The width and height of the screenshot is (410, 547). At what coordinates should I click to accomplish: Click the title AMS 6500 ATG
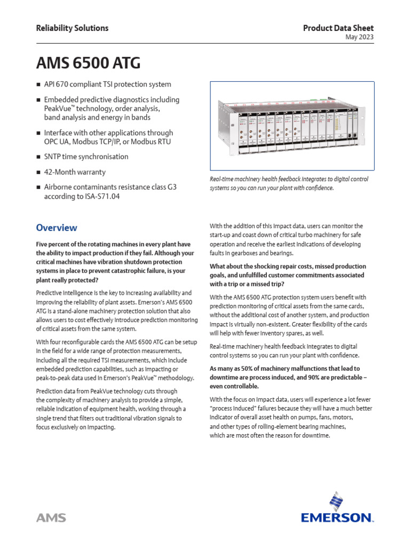pyautogui.click(x=88, y=63)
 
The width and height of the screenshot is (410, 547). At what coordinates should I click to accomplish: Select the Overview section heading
pyautogui.click(x=56, y=228)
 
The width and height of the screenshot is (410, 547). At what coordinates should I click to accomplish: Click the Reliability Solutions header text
pyautogui.click(x=72, y=28)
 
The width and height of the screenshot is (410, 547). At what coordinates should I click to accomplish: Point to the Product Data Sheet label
pyautogui.click(x=338, y=28)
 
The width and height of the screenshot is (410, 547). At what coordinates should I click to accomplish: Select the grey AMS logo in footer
pyautogui.click(x=51, y=518)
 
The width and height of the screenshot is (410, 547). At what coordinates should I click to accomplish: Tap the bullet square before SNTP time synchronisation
pyautogui.click(x=38, y=157)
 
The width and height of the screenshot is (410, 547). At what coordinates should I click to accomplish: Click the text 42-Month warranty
pyautogui.click(x=75, y=172)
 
